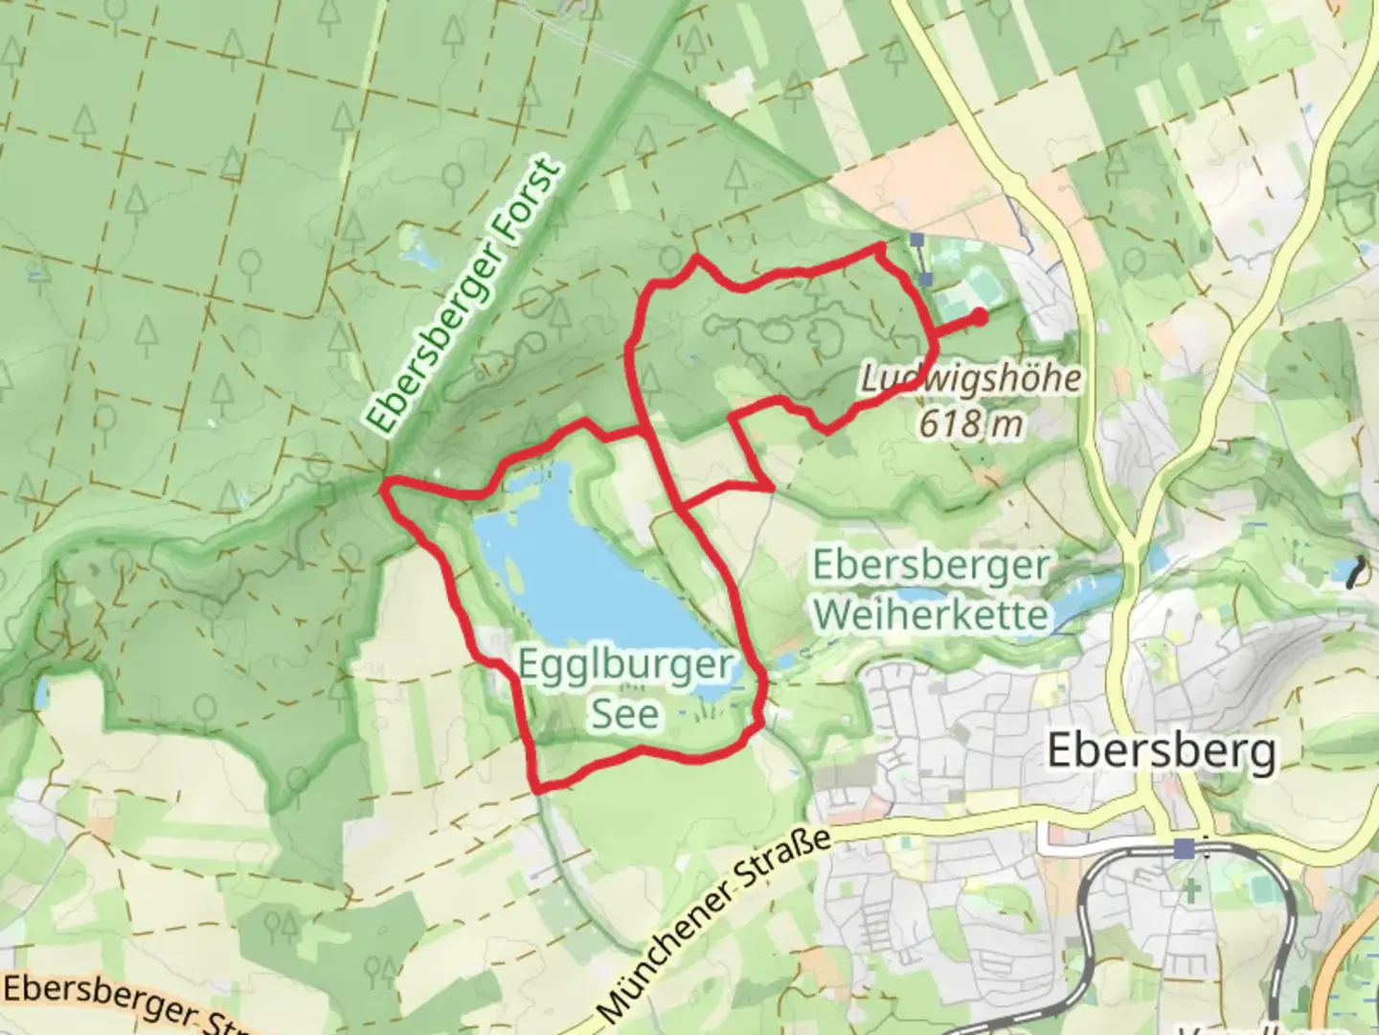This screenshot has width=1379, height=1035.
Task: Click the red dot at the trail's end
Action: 979,315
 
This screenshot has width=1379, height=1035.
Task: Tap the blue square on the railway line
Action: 1185,848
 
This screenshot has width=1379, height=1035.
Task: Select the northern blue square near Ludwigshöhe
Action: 917,239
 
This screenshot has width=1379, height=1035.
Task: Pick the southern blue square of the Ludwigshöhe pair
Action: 925,279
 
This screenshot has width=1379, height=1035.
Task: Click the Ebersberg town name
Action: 1162,749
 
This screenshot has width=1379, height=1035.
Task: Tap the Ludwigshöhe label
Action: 970,379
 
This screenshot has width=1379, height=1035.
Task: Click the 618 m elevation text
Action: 971,422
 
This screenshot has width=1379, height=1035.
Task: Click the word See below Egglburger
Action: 625,714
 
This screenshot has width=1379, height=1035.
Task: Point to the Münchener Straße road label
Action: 712,924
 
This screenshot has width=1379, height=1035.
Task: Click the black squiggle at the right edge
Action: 1355,572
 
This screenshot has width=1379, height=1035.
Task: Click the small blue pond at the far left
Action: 40,693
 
